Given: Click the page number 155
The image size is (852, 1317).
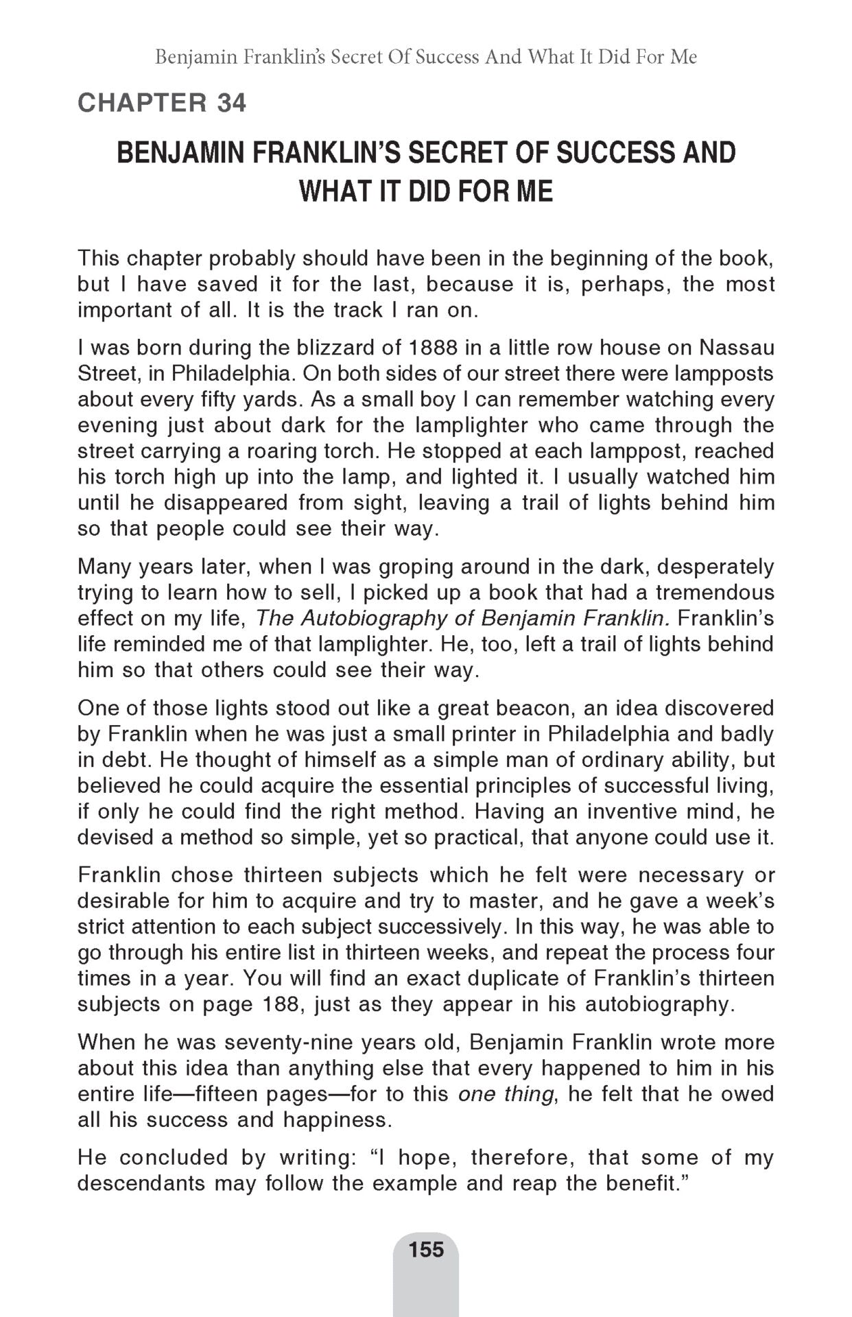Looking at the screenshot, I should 426,1249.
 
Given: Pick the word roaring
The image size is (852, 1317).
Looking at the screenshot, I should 283,451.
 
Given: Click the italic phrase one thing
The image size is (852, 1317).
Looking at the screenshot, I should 505,1094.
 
